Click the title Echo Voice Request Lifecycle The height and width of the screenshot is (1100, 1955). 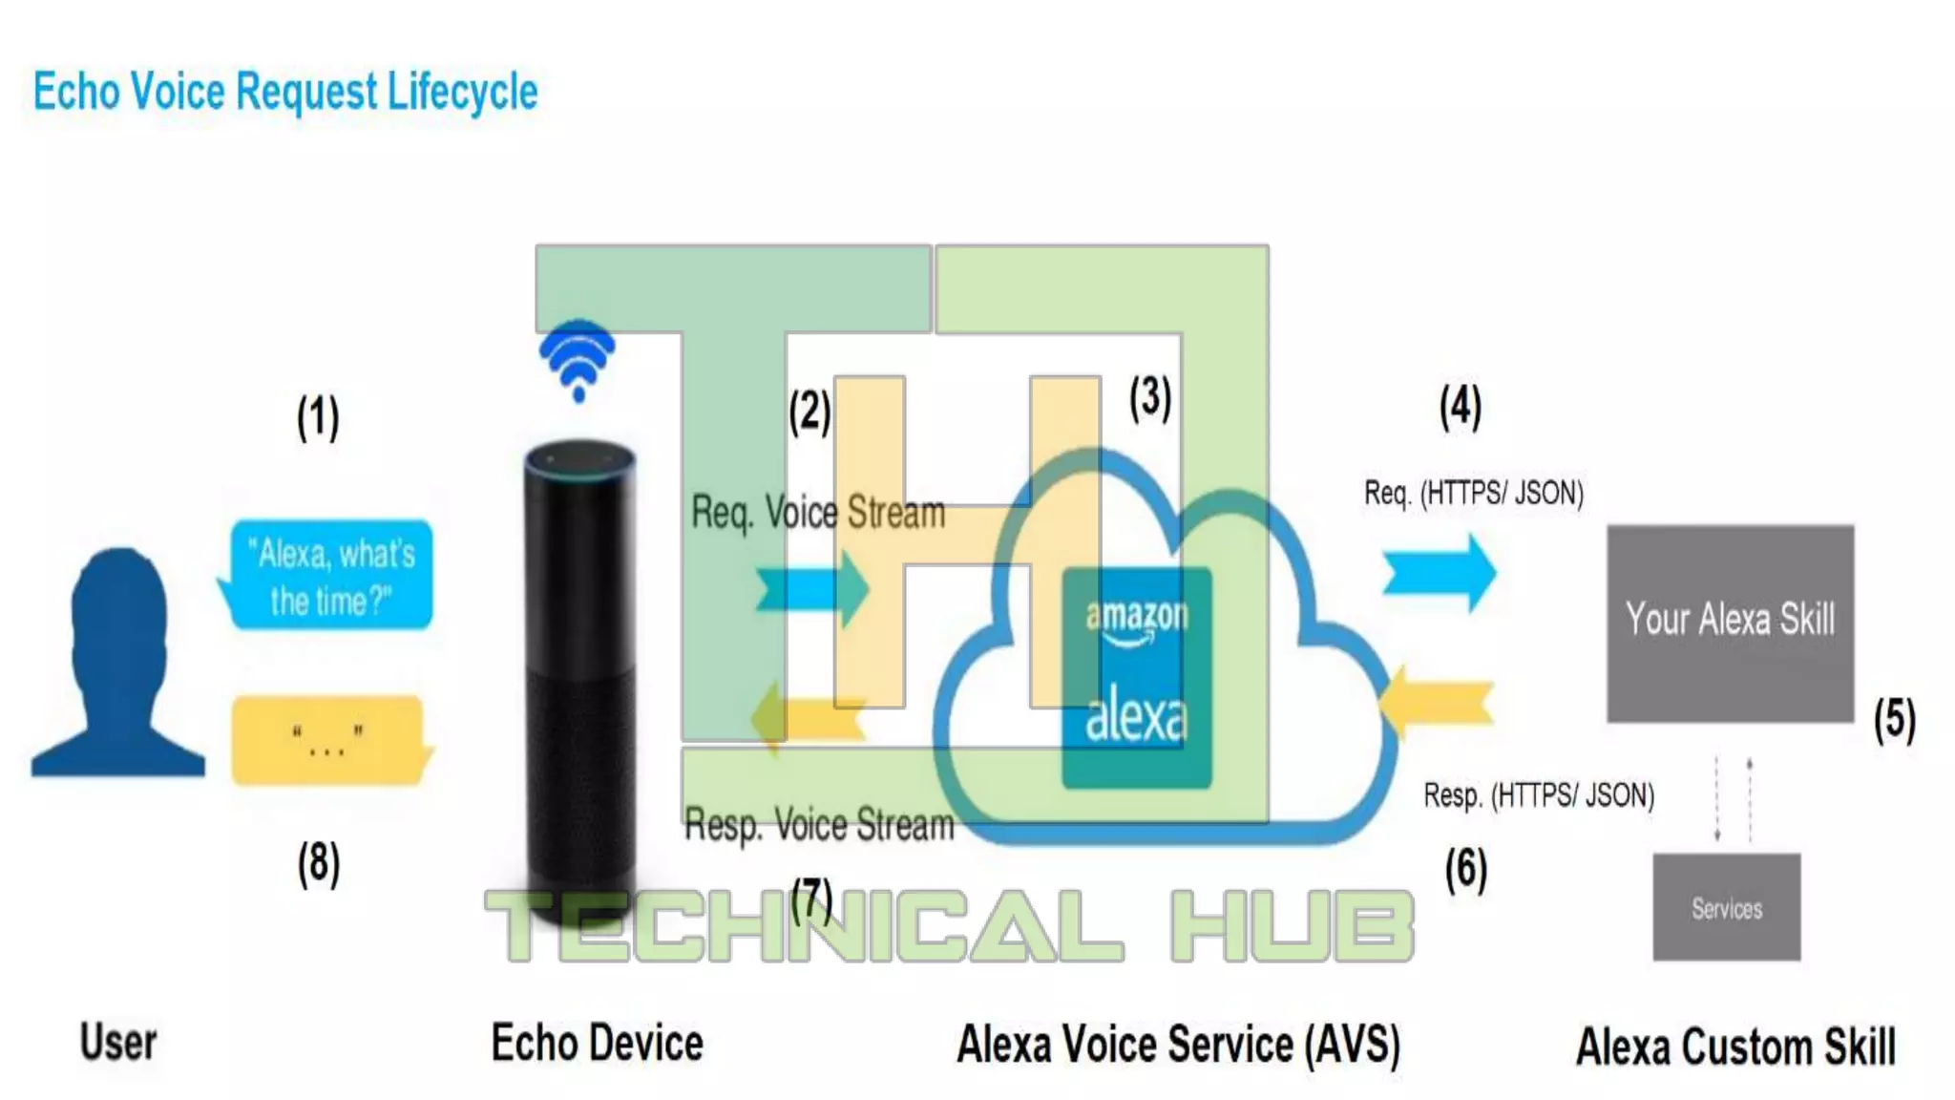[285, 92]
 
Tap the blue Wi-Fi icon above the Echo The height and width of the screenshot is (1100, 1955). [578, 358]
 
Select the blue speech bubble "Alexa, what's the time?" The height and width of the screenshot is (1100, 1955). [329, 576]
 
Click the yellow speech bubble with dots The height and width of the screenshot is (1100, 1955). [327, 741]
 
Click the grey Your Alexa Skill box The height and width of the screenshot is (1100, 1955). [1730, 622]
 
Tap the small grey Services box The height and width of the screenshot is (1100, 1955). [1727, 907]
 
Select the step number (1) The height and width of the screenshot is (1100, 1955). [318, 417]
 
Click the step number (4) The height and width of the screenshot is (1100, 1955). [1461, 407]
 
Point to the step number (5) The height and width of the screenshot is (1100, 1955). [1894, 719]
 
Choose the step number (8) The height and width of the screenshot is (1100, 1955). [318, 864]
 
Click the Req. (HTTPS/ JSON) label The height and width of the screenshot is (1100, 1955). [1473, 494]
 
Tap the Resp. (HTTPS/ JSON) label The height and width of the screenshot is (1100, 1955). [1539, 795]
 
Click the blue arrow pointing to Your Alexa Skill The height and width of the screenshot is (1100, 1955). [1440, 573]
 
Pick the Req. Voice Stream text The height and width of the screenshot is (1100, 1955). [818, 513]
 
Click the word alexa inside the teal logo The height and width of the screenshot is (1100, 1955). [1136, 717]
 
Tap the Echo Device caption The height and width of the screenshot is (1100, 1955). [597, 1043]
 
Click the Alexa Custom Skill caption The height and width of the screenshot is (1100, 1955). [1735, 1047]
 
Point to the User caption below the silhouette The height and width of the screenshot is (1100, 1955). [118, 1042]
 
